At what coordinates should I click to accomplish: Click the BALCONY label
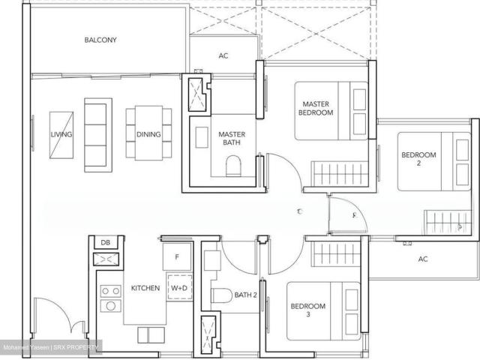click(100, 40)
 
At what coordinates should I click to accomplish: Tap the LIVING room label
click(60, 135)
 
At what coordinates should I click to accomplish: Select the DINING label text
click(147, 135)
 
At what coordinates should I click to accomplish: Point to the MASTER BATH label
click(232, 139)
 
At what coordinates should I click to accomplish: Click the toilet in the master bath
click(233, 165)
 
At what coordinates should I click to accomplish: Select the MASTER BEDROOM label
click(317, 108)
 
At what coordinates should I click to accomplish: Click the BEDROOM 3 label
click(308, 311)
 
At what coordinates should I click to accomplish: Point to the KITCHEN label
click(145, 288)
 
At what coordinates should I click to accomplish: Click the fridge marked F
click(177, 256)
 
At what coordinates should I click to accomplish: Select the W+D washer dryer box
click(179, 288)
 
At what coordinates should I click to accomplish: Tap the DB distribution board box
click(104, 242)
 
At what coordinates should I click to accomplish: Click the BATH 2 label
click(246, 295)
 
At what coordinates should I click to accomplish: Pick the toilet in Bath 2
click(220, 295)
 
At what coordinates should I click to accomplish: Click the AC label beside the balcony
click(223, 55)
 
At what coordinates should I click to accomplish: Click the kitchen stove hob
click(109, 297)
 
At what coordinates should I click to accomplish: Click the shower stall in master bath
click(199, 94)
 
